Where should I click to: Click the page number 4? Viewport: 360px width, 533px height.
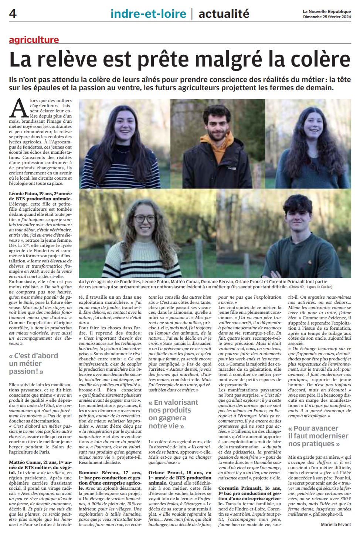(x=13, y=14)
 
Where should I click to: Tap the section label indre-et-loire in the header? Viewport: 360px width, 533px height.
(x=148, y=14)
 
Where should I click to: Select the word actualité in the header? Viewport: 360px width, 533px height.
(x=224, y=14)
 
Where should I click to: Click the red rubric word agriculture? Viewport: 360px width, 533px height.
(x=34, y=40)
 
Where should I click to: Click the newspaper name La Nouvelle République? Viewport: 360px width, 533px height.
(x=326, y=11)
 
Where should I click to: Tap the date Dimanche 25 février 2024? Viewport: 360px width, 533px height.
(x=327, y=17)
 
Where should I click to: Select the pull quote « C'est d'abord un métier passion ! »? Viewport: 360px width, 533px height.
(x=33, y=363)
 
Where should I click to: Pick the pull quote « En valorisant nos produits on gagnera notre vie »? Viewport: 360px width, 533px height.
(x=173, y=414)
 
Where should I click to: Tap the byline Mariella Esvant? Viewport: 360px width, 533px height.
(x=336, y=524)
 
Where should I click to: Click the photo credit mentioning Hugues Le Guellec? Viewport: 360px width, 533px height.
(x=311, y=287)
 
